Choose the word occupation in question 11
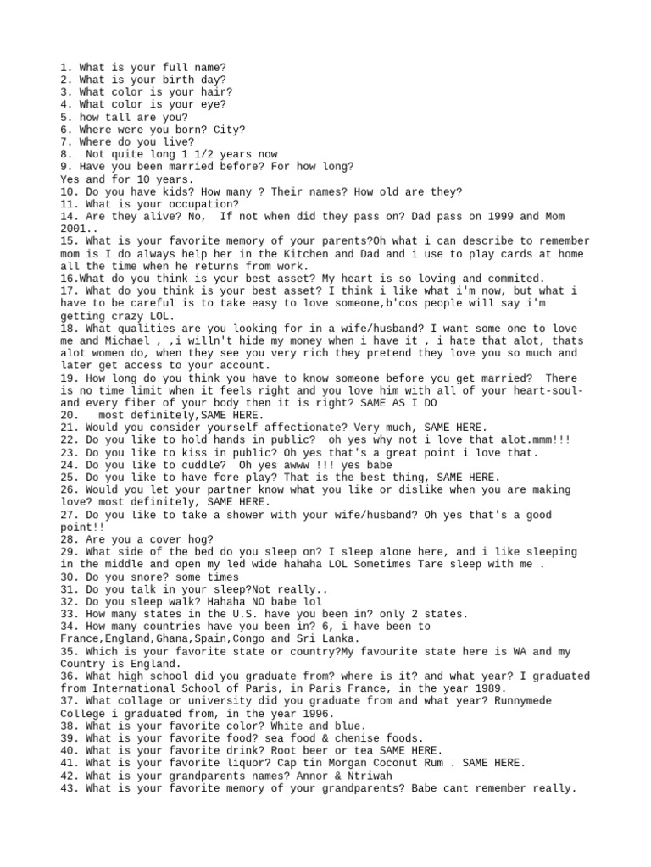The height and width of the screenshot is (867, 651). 201,204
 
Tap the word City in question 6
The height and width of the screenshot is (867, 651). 229,129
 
